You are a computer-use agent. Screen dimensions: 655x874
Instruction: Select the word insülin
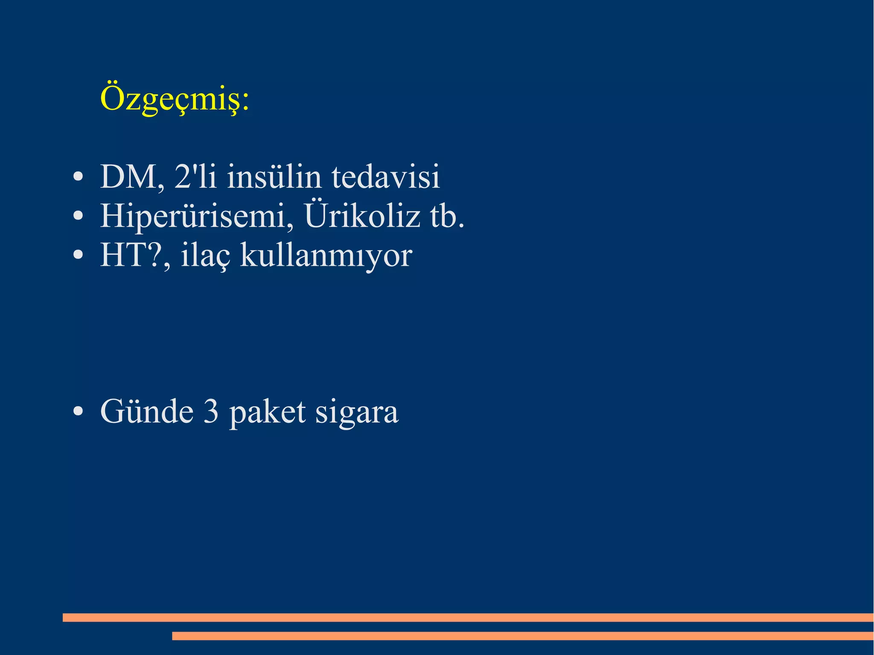click(x=274, y=177)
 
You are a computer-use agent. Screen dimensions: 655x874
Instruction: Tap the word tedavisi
click(x=385, y=177)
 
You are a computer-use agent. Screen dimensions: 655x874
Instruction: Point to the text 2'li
click(x=195, y=177)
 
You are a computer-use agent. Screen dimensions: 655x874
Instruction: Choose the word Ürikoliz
click(x=362, y=215)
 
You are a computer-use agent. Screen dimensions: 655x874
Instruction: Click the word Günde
click(x=147, y=411)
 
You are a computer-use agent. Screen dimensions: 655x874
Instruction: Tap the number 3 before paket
click(x=211, y=411)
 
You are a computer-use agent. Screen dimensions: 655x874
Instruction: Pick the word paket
click(x=268, y=412)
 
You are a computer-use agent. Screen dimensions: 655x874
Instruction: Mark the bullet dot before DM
click(x=78, y=177)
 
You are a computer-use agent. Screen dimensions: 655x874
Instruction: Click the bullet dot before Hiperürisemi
click(x=78, y=216)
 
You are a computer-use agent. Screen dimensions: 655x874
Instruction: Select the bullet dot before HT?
click(x=78, y=255)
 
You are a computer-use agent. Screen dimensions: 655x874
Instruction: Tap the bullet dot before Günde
click(x=78, y=412)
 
